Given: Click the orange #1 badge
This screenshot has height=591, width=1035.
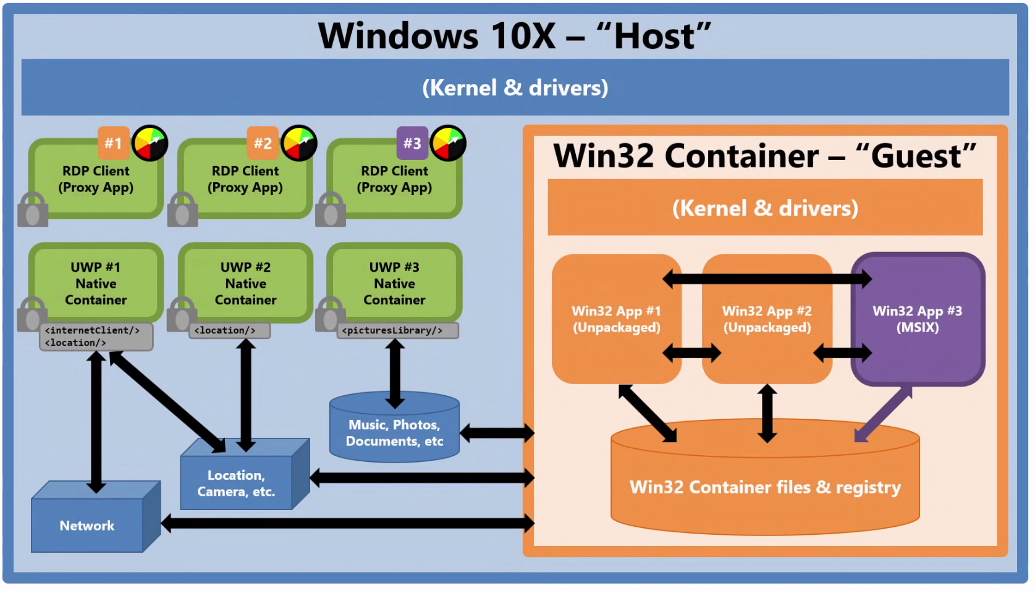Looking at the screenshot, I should coord(114,143).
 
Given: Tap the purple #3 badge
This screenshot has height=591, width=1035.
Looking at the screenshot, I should coord(412,143).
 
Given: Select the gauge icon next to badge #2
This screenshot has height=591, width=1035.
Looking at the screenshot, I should coord(299,143).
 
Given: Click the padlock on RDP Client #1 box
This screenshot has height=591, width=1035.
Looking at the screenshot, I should coord(33,210).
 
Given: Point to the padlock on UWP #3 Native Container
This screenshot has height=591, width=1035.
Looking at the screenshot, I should coord(331,314).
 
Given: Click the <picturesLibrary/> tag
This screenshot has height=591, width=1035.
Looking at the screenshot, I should coord(392,330).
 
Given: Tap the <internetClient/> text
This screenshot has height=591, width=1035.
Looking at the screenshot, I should coord(92,330).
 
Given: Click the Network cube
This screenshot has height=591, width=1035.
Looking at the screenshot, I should coord(87,525).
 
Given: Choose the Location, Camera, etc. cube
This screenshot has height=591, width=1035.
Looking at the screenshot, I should coord(236,483).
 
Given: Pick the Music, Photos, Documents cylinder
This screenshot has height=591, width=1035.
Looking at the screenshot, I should coord(394,432).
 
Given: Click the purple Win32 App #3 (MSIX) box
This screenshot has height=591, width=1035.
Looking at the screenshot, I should coord(918,319).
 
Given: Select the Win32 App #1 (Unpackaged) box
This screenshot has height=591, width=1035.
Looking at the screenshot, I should coord(616,319).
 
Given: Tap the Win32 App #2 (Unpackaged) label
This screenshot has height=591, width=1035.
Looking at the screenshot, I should coord(767,319).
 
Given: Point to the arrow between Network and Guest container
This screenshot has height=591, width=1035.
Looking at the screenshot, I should coord(347,524).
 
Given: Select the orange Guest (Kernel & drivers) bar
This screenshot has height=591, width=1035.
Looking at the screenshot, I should coord(765,208).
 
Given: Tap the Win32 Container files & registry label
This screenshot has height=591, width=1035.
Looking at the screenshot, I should coord(765,487).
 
